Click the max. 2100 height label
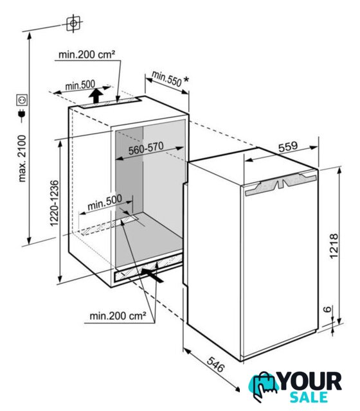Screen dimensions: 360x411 [x=22, y=159]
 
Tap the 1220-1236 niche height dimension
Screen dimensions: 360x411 [x=54, y=203]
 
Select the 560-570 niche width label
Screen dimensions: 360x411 [x=146, y=148]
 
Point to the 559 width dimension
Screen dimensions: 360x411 [x=288, y=147]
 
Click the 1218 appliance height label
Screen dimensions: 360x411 [x=334, y=246]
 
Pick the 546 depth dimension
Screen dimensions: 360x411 [x=216, y=365]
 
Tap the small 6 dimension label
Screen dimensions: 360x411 [x=327, y=309]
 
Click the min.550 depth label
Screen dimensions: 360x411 [x=166, y=78]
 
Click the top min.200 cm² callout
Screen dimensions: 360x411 [x=87, y=55]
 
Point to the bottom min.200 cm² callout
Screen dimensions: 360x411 [x=118, y=316]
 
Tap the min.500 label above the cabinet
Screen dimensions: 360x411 [x=80, y=85]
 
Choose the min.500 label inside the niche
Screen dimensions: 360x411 [x=104, y=203]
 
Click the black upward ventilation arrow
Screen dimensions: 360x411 [x=96, y=96]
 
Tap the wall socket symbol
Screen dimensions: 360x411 [x=22, y=100]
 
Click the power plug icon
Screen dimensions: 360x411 [x=21, y=115]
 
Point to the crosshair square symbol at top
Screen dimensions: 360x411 [x=73, y=24]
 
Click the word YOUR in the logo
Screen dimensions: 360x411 [x=310, y=382]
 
